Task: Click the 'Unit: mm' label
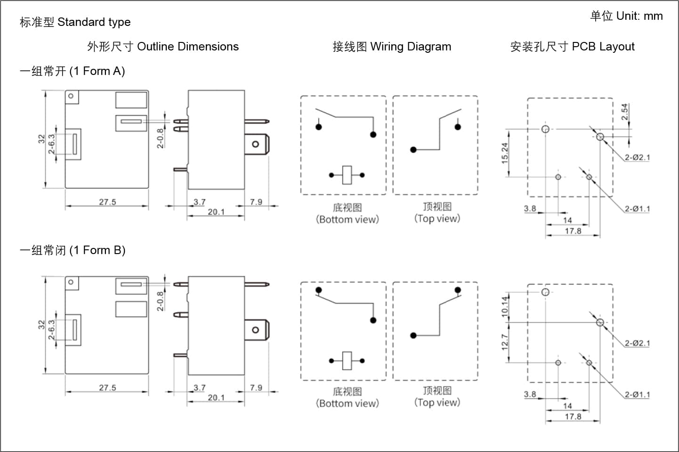point(639,16)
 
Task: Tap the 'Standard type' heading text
point(94,22)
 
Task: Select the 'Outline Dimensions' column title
point(188,47)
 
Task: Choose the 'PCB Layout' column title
point(603,47)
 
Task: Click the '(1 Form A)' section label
point(97,71)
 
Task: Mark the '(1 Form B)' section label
point(97,251)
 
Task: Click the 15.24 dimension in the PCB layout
point(504,153)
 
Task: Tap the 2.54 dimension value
point(624,112)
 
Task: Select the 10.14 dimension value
point(504,307)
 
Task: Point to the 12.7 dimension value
point(504,342)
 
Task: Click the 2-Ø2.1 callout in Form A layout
point(637,157)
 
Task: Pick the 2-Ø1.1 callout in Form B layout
point(637,394)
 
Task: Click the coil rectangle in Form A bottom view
point(347,175)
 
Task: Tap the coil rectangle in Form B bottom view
point(347,361)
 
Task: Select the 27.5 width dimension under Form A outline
point(108,202)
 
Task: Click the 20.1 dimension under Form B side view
point(216,398)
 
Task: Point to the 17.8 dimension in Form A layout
point(573,231)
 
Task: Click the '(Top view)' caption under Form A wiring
point(437,218)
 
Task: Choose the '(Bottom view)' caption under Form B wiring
point(348,403)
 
